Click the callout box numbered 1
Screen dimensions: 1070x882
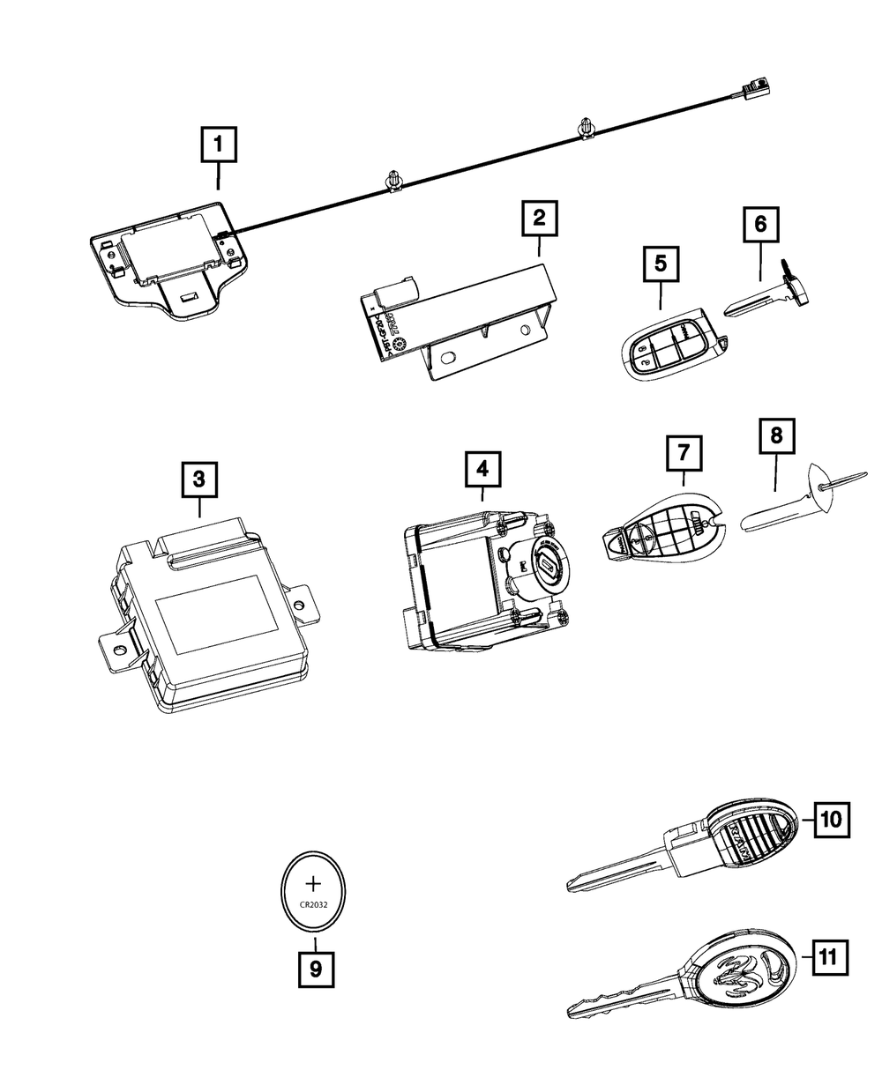click(219, 144)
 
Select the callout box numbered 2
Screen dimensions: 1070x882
click(539, 218)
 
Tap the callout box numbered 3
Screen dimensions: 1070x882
click(199, 479)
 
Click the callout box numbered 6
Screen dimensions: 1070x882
click(760, 225)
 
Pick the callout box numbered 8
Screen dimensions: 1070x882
click(776, 435)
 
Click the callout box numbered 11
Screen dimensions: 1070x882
click(827, 955)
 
